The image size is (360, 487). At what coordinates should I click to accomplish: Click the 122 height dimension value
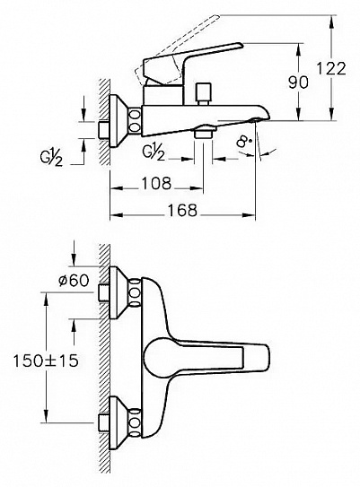[330, 68]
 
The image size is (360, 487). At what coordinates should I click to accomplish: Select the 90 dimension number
[298, 82]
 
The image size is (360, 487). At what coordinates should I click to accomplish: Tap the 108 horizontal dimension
[156, 183]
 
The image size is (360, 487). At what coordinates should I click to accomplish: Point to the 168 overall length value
[182, 210]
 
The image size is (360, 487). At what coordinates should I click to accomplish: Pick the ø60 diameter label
[74, 281]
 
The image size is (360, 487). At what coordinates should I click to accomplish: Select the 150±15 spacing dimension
[46, 361]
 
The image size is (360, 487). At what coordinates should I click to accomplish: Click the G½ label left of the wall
[51, 159]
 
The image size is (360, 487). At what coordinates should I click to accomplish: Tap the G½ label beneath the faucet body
[154, 152]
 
